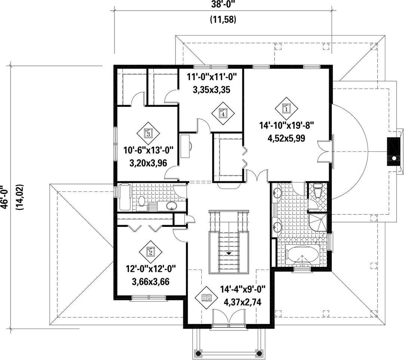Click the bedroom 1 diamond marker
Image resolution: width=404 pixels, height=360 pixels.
click(x=286, y=108)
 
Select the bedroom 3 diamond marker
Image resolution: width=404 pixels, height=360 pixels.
click(x=148, y=133)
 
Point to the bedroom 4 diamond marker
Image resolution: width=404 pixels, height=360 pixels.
click(x=223, y=113)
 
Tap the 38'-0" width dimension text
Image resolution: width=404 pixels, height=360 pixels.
click(x=223, y=4)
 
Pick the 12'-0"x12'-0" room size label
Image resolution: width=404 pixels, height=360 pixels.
click(x=151, y=270)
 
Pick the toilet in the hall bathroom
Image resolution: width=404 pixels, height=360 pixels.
click(x=141, y=201)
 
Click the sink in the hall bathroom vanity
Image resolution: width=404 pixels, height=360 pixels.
click(x=172, y=206)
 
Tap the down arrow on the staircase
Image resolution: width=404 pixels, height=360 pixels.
click(x=228, y=253)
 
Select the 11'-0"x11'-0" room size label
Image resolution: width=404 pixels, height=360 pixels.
click(x=211, y=77)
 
